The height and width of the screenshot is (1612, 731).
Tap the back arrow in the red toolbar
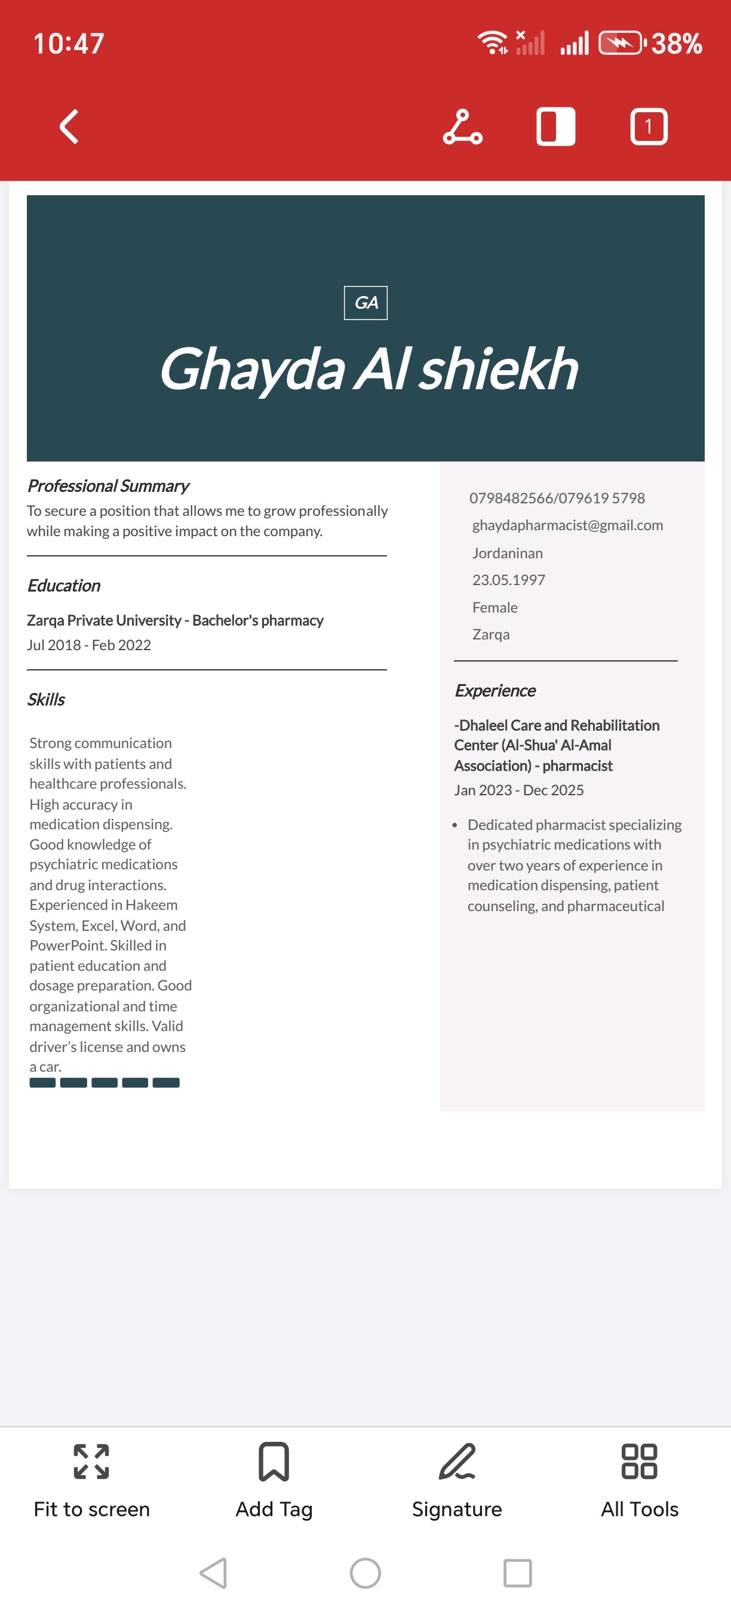click(x=69, y=127)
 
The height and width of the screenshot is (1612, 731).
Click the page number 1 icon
click(x=649, y=127)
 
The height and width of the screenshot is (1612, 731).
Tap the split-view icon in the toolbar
click(x=556, y=127)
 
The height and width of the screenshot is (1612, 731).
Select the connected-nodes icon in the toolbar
click(x=462, y=127)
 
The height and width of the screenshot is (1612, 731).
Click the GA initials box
click(x=365, y=303)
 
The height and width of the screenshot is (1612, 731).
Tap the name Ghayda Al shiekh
click(x=368, y=369)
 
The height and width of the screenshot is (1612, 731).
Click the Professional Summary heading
click(x=107, y=485)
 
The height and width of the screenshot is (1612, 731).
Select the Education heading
click(x=63, y=586)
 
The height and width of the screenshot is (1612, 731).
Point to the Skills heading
click(x=45, y=700)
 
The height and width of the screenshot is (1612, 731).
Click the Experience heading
click(x=495, y=691)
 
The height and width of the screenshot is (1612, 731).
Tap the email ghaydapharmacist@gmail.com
click(x=567, y=525)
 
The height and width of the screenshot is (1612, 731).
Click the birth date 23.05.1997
click(x=508, y=580)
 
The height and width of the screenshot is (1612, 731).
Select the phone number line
click(x=557, y=498)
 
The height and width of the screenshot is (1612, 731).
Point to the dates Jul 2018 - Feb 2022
click(x=89, y=645)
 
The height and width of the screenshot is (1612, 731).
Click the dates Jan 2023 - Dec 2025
click(x=519, y=790)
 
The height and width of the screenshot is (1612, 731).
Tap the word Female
click(x=494, y=608)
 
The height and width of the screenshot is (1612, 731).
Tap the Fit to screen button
click(x=91, y=1479)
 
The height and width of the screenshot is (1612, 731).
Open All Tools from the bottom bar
click(x=639, y=1479)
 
